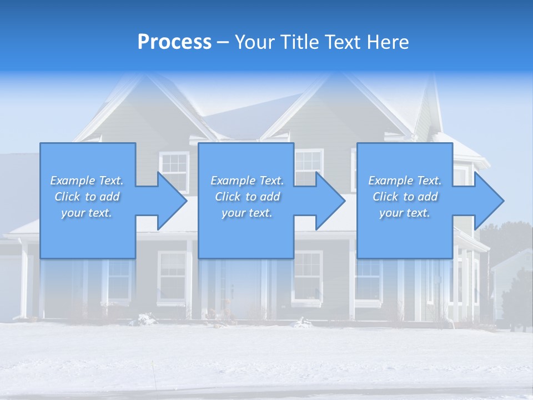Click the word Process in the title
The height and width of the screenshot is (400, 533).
pos(174,42)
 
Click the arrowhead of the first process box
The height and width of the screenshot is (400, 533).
pos(171,201)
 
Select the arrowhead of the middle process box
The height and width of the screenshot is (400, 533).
pos(330,201)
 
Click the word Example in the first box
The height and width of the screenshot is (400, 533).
pos(73,181)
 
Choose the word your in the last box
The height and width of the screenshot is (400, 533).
pos(391,213)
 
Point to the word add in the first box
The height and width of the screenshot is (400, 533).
pos(109,197)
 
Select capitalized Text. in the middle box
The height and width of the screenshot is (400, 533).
pos(270,181)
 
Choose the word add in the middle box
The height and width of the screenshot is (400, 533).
pos(270,197)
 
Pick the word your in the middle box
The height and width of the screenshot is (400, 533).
pos(233,213)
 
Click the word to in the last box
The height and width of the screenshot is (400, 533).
pos(409,197)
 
